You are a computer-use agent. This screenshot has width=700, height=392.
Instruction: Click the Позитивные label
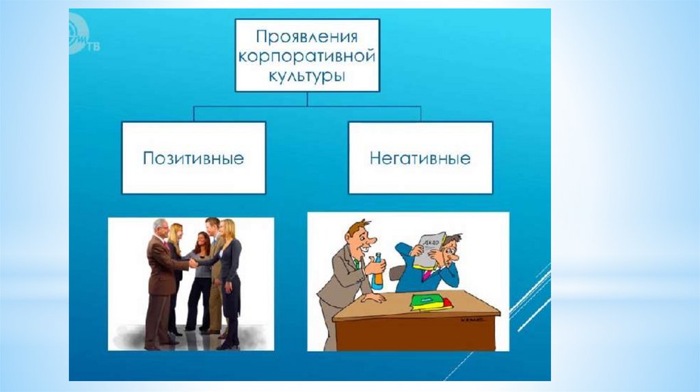coord(193,158)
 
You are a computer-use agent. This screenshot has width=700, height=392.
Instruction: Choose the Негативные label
coord(420,158)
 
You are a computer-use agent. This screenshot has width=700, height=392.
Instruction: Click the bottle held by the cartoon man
coord(377,270)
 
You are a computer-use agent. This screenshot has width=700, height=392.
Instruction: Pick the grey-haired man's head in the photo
coord(161,227)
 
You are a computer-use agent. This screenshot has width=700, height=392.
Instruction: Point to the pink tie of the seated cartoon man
coord(427,276)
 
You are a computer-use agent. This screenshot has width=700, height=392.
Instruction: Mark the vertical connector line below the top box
coord(306,99)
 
